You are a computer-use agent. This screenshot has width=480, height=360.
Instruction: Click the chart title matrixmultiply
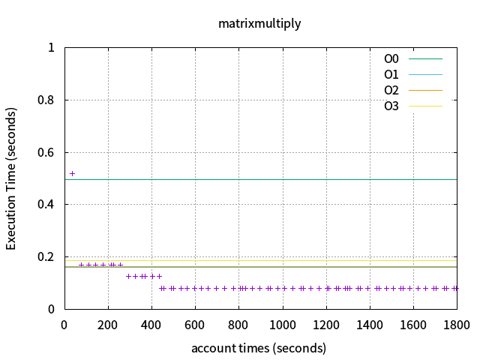pos(259,23)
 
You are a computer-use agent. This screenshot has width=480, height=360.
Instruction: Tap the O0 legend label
pos(391,58)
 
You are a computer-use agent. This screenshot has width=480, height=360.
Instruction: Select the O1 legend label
pos(391,74)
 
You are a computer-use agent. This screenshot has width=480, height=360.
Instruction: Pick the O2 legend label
pos(391,90)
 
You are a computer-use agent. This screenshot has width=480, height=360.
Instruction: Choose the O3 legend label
pos(391,106)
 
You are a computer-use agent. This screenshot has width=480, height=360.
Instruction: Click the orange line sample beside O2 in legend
pos(425,90)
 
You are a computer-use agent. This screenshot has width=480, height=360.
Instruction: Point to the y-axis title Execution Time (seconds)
pos(11,178)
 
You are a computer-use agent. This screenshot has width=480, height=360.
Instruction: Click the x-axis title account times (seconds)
pos(259,348)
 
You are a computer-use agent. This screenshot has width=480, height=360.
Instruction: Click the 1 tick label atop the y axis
pos(52,47)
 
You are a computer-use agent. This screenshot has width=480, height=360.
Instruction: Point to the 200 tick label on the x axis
pos(108,325)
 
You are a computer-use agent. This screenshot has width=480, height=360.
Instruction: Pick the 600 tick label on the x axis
pos(195,325)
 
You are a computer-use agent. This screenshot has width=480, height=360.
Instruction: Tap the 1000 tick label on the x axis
pos(282,325)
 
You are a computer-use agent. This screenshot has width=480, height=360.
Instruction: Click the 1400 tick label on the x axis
pos(370,325)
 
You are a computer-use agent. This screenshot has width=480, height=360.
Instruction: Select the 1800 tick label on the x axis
pos(456,325)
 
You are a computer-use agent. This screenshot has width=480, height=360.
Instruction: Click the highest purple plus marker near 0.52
pos(73,173)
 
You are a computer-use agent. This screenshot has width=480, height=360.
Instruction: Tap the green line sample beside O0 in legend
pos(425,58)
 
